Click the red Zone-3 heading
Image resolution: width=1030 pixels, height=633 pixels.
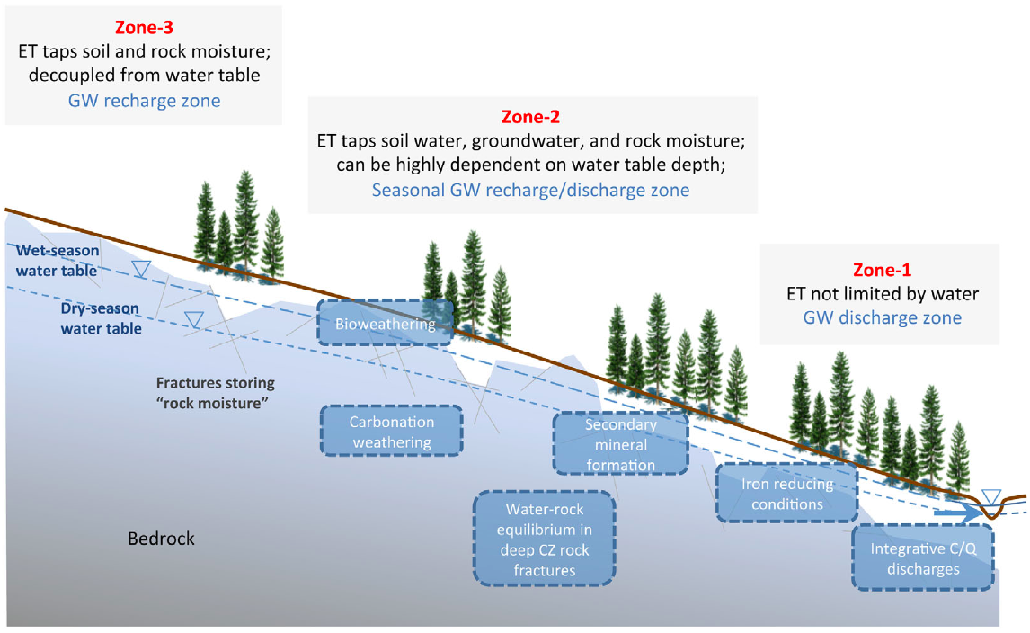(144, 28)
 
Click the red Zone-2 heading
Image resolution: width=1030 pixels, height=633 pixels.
(531, 117)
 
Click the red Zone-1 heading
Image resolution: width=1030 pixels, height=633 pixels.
(883, 270)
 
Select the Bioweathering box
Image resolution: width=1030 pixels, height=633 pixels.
(386, 323)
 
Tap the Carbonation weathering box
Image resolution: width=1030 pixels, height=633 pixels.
(392, 432)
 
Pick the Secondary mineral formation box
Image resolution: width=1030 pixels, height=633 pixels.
(621, 443)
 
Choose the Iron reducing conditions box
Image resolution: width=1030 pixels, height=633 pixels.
(787, 493)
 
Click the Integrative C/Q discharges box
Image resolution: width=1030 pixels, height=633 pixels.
(923, 558)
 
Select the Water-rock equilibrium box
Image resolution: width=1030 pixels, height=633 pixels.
(545, 539)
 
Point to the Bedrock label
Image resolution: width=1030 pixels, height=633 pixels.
(161, 539)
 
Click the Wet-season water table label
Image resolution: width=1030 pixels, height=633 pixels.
(58, 260)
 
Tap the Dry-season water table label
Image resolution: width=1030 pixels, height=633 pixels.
(101, 318)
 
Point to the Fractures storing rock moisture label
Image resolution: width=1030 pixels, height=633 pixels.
(216, 392)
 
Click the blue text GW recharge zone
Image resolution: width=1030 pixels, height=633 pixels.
(144, 101)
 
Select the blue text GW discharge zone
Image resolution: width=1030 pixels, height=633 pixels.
(883, 317)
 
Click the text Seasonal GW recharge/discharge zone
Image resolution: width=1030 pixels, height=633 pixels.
(531, 190)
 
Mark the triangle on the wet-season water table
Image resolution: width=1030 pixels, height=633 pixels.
(141, 268)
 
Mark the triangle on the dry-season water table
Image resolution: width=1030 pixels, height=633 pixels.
(194, 319)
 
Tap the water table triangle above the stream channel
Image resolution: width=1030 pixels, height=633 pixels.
(991, 496)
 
